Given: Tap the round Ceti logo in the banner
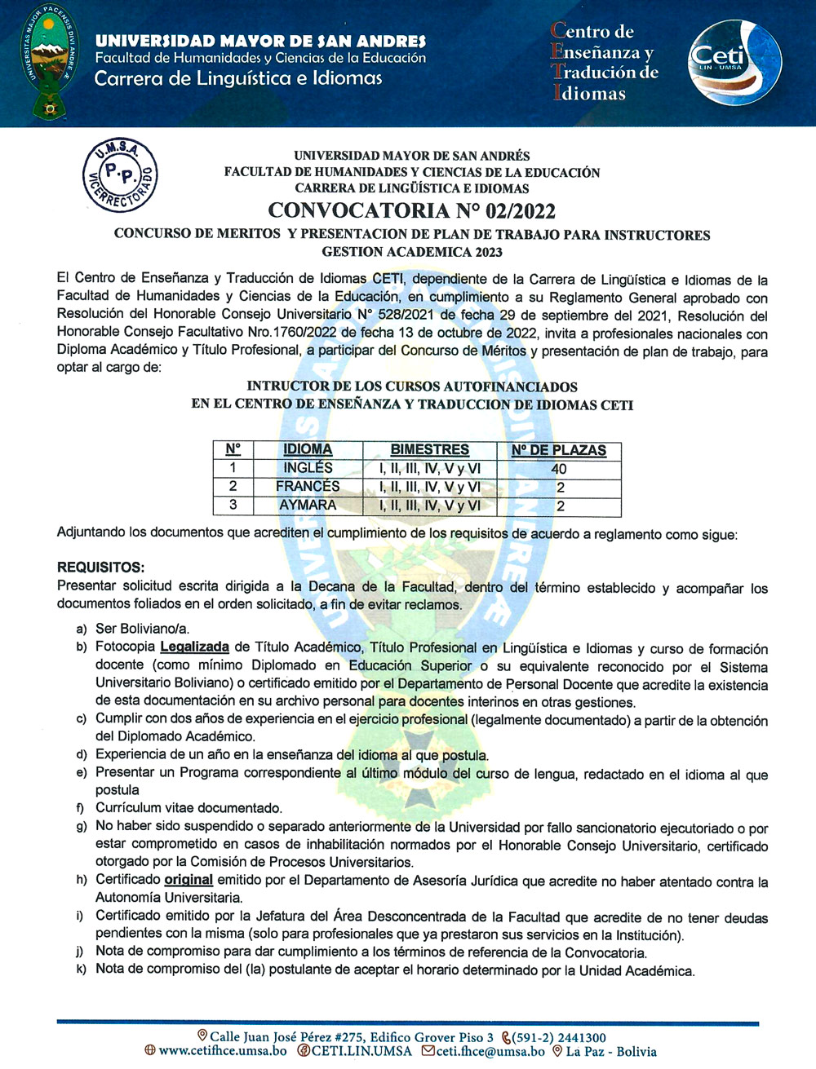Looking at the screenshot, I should pyautogui.click(x=734, y=63).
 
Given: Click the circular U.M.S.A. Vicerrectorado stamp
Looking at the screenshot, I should pyautogui.click(x=120, y=174).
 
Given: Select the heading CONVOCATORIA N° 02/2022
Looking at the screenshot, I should pyautogui.click(x=411, y=210).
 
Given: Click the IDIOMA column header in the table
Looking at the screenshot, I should pyautogui.click(x=308, y=449).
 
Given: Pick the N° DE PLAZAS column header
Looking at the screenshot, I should pyautogui.click(x=558, y=450).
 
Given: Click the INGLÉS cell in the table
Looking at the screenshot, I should pyautogui.click(x=308, y=468).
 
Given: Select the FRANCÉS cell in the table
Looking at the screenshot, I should pyautogui.click(x=308, y=487).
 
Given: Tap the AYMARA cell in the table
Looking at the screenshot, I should pyautogui.click(x=308, y=506).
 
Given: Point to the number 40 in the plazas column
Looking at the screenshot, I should pyautogui.click(x=558, y=469).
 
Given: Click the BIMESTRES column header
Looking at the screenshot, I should pyautogui.click(x=429, y=449).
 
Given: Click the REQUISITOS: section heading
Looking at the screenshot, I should pyautogui.click(x=100, y=567).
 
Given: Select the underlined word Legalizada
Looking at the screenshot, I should pyautogui.click(x=194, y=647).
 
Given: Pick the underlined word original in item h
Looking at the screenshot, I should pyautogui.click(x=188, y=880).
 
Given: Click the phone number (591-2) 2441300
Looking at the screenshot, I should pyautogui.click(x=559, y=1037).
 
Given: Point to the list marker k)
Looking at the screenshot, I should pyautogui.click(x=82, y=970).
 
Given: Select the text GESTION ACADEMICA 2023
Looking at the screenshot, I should pyautogui.click(x=411, y=252).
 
